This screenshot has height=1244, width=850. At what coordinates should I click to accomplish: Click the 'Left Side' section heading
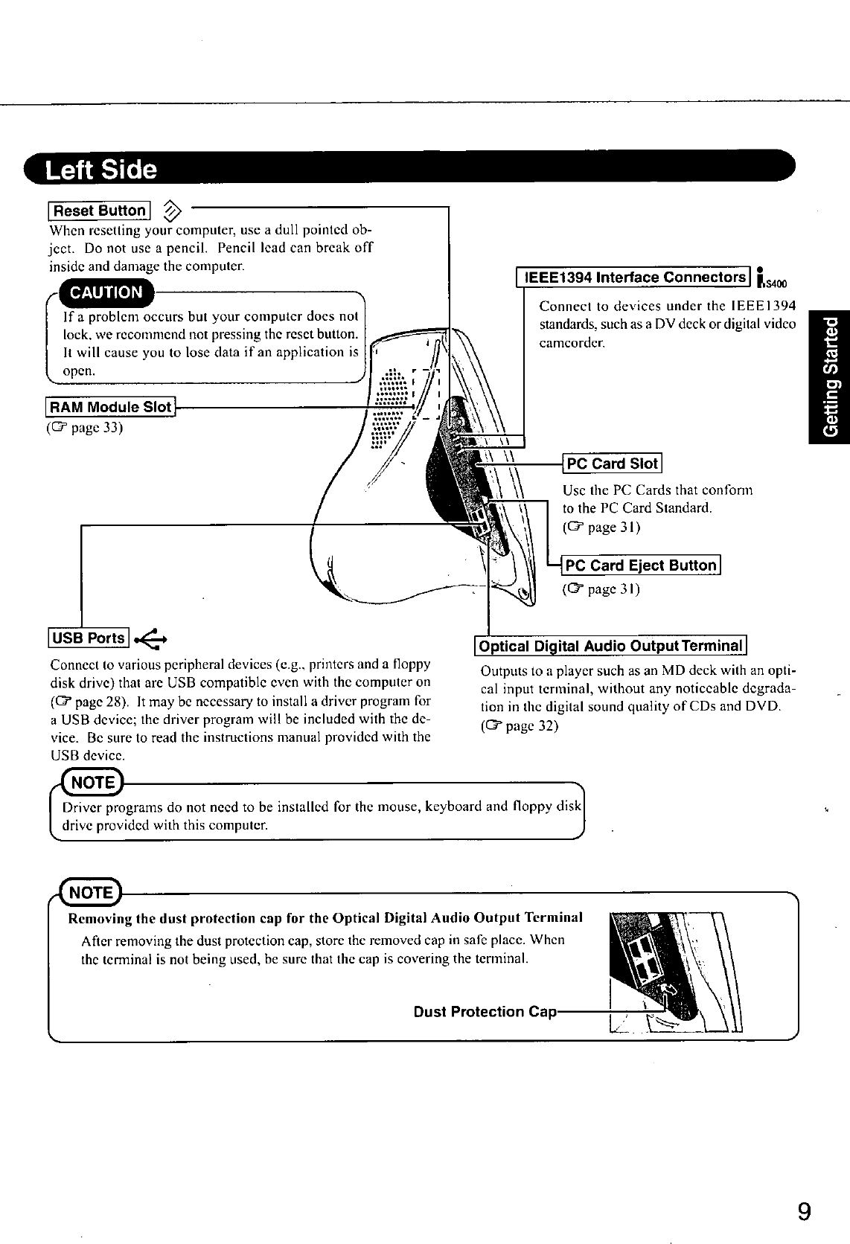coord(101,170)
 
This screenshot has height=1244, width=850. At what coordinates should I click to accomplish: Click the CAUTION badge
coord(106,292)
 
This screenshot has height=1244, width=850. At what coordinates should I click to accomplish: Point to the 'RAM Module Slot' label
coord(110,407)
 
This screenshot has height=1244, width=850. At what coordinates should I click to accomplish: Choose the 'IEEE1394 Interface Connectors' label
coord(634,278)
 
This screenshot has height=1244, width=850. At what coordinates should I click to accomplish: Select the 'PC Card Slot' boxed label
coord(613,464)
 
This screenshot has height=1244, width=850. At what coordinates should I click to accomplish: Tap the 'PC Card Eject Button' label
coord(641,565)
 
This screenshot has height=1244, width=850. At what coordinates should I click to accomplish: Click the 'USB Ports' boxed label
coord(88,638)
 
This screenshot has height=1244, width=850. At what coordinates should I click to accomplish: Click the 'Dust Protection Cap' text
coord(485,1012)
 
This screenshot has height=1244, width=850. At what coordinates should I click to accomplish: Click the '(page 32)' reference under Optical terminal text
coord(520,725)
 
